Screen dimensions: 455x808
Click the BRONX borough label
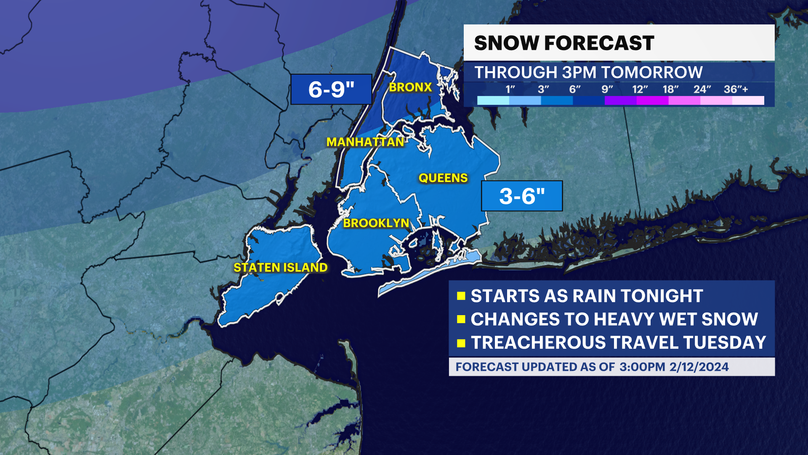(410, 87)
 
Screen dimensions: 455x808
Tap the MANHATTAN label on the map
(365, 142)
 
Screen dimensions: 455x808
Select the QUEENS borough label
(443, 178)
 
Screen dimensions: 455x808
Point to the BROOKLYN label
(376, 223)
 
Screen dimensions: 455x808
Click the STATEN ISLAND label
(280, 268)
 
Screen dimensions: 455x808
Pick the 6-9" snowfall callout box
(331, 89)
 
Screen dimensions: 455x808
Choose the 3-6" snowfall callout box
(522, 196)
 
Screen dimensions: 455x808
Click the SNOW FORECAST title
(564, 43)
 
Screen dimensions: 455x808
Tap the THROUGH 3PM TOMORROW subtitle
(588, 72)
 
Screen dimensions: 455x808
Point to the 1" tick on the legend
(510, 89)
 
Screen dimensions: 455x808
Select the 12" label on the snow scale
(640, 89)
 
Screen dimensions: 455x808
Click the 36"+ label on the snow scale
(736, 89)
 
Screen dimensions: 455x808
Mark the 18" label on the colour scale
(670, 89)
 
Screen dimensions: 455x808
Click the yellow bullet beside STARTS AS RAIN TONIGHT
(461, 296)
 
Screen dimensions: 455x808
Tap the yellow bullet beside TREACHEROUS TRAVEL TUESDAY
(461, 343)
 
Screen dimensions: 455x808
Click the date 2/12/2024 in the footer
(699, 367)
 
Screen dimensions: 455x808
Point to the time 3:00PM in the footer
(642, 367)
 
